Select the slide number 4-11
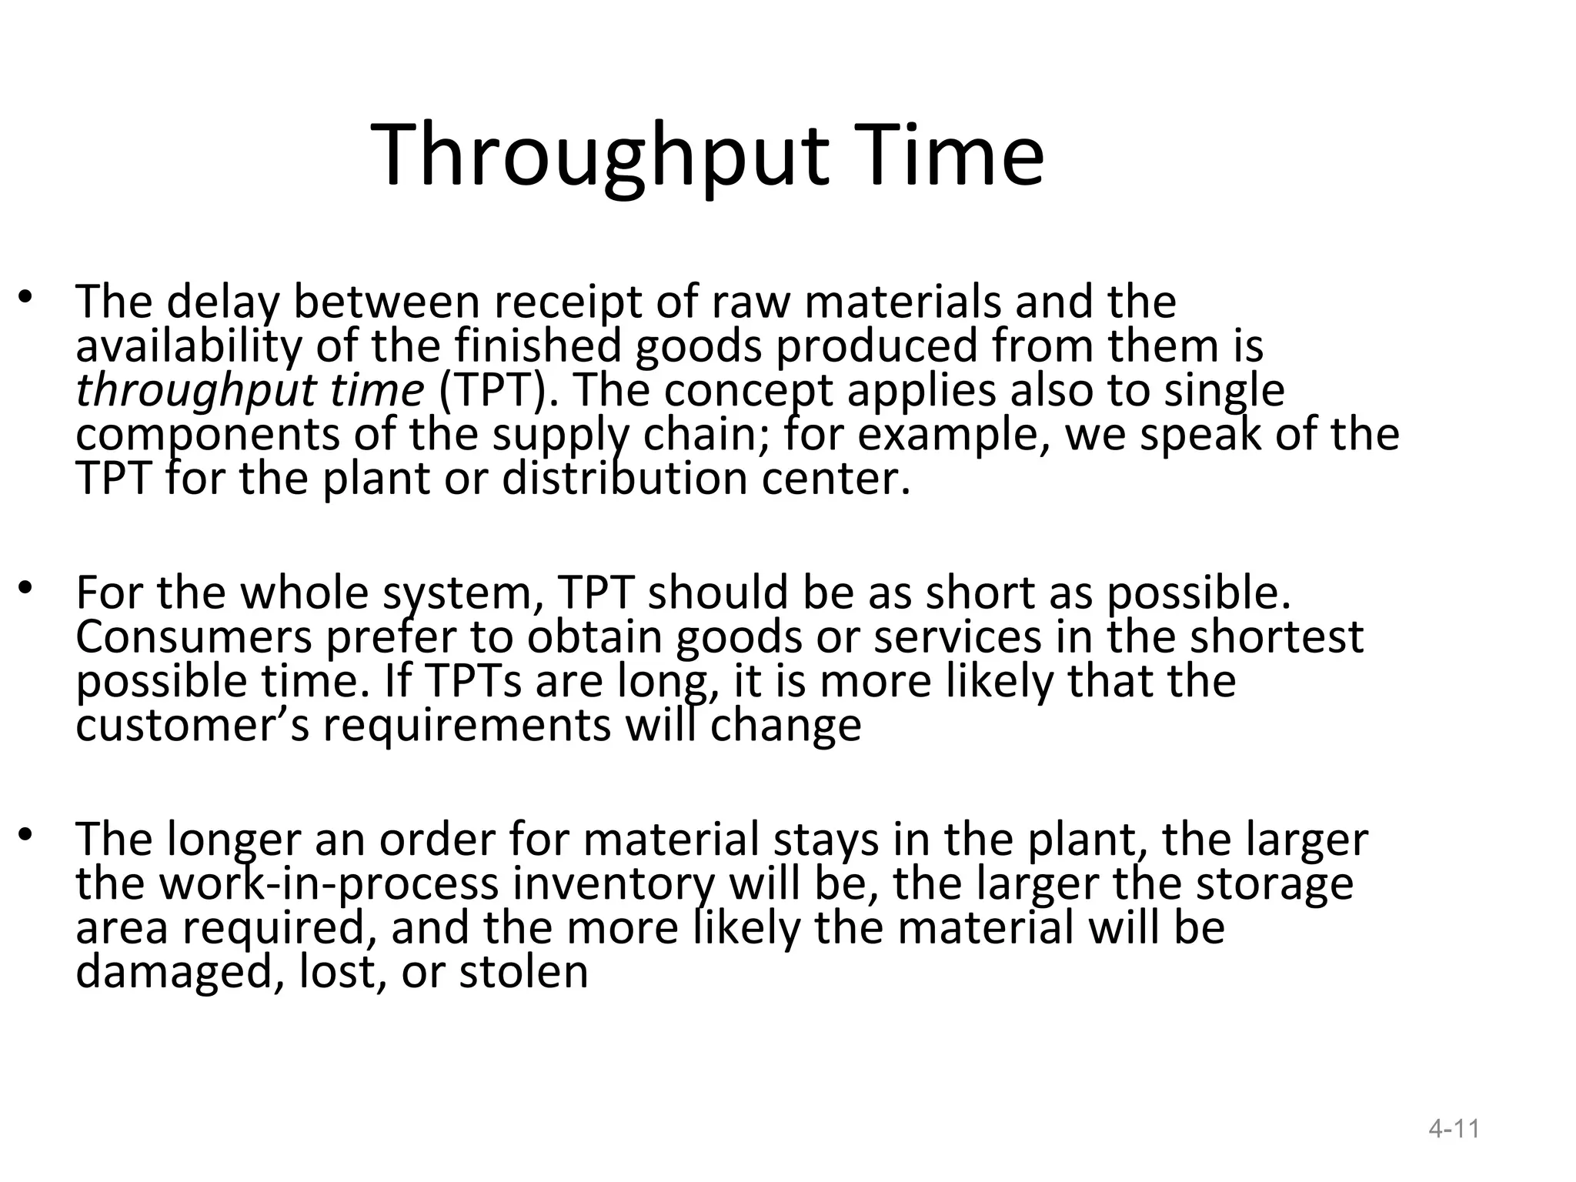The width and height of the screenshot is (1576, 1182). (1454, 1129)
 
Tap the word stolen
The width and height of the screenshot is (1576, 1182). (523, 972)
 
